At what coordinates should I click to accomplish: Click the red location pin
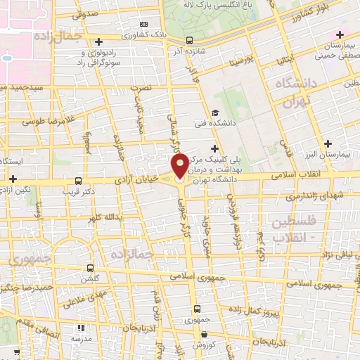point(180,167)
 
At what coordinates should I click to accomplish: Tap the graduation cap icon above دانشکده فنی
point(214,112)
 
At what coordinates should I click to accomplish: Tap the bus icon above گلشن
point(89,267)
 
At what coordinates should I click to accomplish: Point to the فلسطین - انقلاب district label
point(289,230)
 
